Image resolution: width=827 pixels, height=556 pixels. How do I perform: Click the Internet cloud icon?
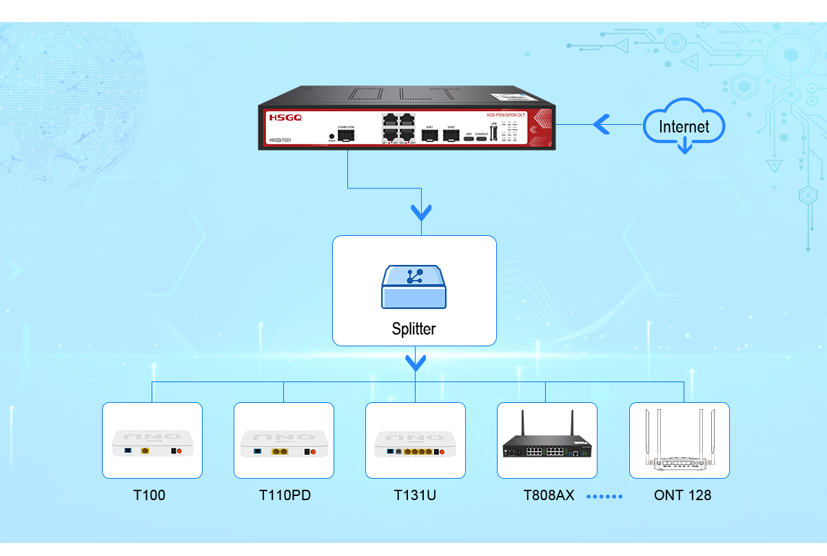click(684, 126)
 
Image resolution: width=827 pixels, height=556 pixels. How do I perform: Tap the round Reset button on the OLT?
click(332, 136)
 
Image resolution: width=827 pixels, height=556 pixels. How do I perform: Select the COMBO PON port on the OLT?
click(347, 135)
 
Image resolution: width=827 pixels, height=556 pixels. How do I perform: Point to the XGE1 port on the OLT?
click(429, 135)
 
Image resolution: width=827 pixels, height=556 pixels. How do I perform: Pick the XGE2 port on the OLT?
click(451, 135)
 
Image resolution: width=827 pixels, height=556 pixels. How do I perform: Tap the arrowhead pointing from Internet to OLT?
click(601, 125)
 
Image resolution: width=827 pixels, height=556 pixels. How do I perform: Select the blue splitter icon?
click(413, 287)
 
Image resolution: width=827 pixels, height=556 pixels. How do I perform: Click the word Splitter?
click(413, 329)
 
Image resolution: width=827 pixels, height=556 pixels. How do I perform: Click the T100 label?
click(149, 495)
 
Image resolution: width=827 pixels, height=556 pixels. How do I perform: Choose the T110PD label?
click(285, 495)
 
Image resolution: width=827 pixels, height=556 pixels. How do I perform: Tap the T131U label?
click(415, 495)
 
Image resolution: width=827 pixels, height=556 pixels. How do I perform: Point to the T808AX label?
click(549, 495)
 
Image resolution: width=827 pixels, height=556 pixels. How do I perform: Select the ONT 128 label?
click(682, 495)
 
